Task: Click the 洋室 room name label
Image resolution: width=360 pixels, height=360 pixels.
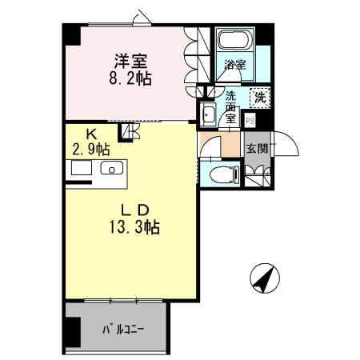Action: pyautogui.click(x=131, y=61)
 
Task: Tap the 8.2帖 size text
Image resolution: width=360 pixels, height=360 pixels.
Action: pyautogui.click(x=130, y=78)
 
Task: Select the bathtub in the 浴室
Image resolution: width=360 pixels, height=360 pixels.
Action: pyautogui.click(x=235, y=39)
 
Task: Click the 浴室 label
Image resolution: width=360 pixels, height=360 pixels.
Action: pyautogui.click(x=235, y=65)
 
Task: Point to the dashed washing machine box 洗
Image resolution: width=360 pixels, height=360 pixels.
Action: pyautogui.click(x=260, y=98)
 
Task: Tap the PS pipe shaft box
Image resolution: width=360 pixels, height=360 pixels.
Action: pyautogui.click(x=250, y=121)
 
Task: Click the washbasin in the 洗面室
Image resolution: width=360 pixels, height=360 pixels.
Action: pyautogui.click(x=208, y=114)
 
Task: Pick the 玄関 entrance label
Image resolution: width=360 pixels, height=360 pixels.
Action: pyautogui.click(x=257, y=149)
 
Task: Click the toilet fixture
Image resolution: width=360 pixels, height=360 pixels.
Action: pyautogui.click(x=225, y=174)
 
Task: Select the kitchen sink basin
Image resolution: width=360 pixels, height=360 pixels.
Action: pyautogui.click(x=112, y=168)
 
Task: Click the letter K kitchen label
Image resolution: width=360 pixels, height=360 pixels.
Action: pyautogui.click(x=91, y=134)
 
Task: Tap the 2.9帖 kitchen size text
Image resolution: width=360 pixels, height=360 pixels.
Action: pyautogui.click(x=91, y=150)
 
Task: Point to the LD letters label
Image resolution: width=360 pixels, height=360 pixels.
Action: pyautogui.click(x=135, y=210)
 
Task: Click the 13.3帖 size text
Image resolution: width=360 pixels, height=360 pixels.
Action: pyautogui.click(x=134, y=227)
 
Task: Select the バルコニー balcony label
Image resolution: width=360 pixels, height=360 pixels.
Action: pyautogui.click(x=123, y=330)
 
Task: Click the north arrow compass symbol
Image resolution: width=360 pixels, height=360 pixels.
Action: pyautogui.click(x=265, y=278)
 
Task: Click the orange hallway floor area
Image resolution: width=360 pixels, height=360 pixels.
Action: pyautogui.click(x=231, y=144)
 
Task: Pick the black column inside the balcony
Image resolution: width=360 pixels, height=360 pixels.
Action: pyautogui.click(x=73, y=332)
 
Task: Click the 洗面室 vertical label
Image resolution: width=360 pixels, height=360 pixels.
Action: pyautogui.click(x=230, y=107)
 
